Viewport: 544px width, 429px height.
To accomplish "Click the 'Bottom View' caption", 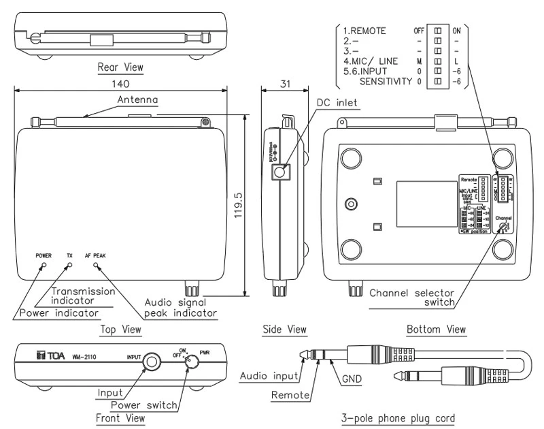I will tap(436, 330).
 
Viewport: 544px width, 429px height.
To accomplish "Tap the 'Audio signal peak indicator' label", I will tap(181, 308).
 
